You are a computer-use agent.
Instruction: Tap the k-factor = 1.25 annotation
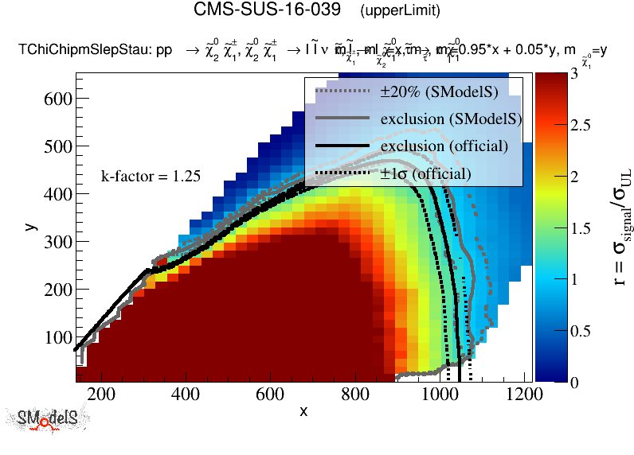point(151,177)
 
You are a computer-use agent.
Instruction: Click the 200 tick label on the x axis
point(100,394)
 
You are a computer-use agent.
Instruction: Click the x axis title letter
point(303,411)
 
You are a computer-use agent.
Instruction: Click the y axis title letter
point(30,227)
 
